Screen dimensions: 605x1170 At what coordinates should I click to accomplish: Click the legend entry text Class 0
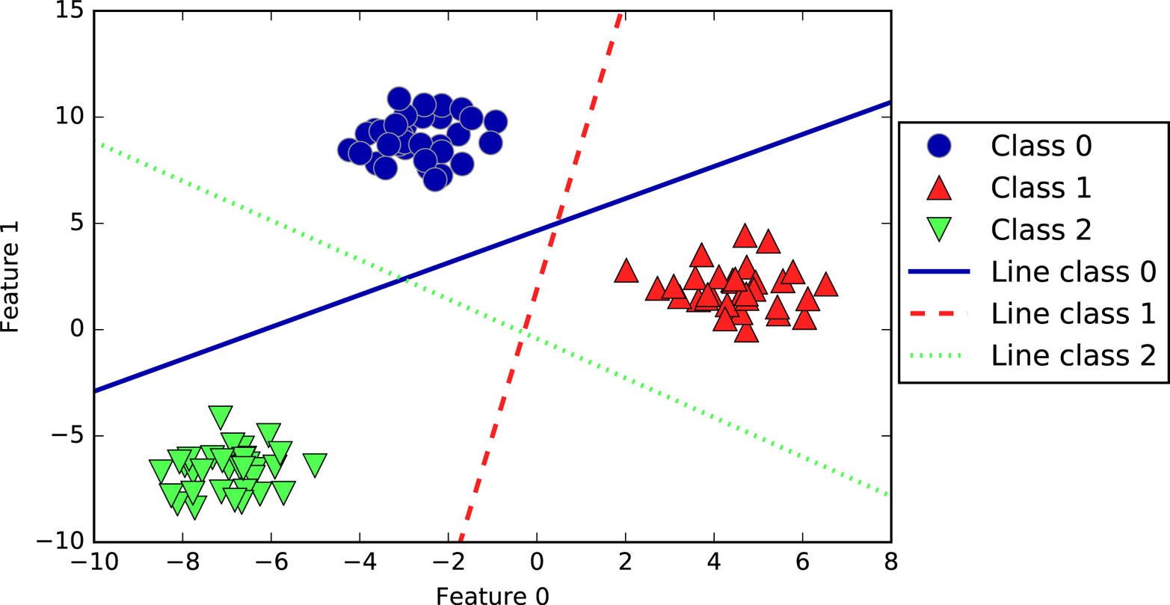pos(1041,146)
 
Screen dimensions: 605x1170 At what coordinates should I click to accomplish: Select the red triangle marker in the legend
pos(938,188)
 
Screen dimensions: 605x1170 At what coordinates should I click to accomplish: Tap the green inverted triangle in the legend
pos(938,230)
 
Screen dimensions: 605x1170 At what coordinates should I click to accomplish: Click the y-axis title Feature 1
pos(11,277)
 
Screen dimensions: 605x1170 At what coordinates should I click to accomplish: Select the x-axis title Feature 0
pos(493,595)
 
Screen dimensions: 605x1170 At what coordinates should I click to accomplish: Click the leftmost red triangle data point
pos(626,271)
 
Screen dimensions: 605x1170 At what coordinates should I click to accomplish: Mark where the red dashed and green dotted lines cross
pos(523,331)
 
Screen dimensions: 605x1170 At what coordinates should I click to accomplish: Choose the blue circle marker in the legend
pos(938,146)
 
